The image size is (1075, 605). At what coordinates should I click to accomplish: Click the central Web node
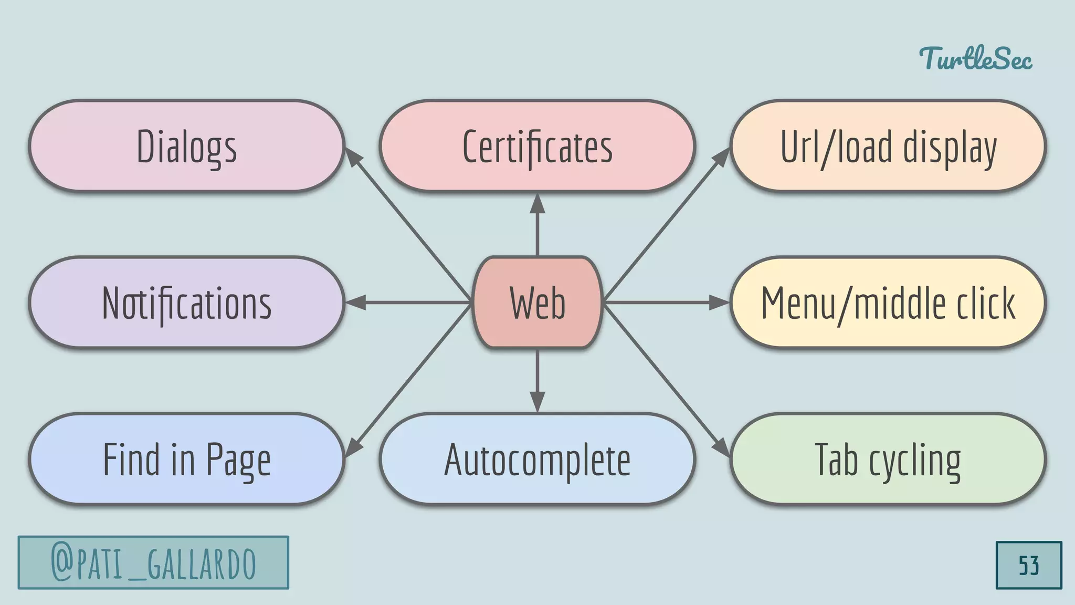(537, 302)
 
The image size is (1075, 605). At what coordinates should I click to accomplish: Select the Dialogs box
(186, 146)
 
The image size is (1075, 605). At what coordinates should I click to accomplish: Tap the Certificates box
(537, 146)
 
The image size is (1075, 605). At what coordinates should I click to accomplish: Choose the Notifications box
(186, 302)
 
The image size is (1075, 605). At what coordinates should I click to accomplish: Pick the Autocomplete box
(537, 459)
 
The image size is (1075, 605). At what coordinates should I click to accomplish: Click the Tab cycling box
(888, 459)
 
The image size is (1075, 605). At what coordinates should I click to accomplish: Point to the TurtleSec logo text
(975, 58)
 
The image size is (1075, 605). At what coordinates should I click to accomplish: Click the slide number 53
(1028, 565)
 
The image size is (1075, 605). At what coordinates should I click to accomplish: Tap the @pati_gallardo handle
(153, 562)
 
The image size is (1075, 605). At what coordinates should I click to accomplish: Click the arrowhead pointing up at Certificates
(537, 204)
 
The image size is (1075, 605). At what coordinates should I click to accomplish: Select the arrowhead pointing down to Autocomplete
(537, 401)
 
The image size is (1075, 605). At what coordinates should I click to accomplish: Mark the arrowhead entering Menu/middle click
(719, 302)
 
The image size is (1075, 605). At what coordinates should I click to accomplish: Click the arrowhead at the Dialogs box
(353, 158)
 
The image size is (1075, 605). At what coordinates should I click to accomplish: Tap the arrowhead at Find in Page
(353, 447)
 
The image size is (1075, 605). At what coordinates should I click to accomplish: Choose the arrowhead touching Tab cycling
(722, 447)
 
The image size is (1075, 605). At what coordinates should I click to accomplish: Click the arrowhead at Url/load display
(722, 158)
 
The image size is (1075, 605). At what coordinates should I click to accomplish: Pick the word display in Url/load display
(950, 148)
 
